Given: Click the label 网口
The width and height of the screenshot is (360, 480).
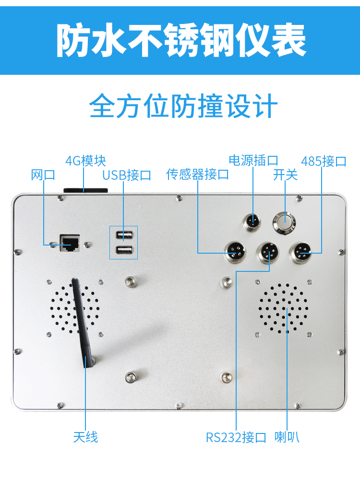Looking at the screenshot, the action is pyautogui.click(x=43, y=175).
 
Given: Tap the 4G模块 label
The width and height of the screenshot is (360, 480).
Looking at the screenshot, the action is pyautogui.click(x=85, y=161).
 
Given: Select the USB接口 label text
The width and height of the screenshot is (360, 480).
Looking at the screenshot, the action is pyautogui.click(x=127, y=175).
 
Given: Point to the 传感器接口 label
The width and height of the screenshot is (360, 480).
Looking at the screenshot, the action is pyautogui.click(x=197, y=175).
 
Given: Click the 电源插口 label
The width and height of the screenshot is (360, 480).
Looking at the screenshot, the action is pyautogui.click(x=253, y=161).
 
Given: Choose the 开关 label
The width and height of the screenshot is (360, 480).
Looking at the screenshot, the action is pyautogui.click(x=285, y=175).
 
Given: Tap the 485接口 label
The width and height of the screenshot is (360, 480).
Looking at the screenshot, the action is pyautogui.click(x=324, y=161).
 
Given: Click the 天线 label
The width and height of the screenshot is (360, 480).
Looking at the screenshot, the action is pyautogui.click(x=85, y=437).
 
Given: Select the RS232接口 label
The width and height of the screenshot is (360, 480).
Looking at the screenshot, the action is pyautogui.click(x=236, y=437).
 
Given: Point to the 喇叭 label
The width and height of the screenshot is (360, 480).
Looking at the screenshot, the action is pyautogui.click(x=287, y=437).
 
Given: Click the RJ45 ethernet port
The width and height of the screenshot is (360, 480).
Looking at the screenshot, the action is pyautogui.click(x=70, y=243).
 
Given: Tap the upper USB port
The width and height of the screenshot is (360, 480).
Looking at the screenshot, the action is pyautogui.click(x=124, y=235).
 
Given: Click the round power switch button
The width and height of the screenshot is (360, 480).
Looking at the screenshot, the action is pyautogui.click(x=284, y=222).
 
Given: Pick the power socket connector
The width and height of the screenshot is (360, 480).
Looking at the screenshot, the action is pyautogui.click(x=252, y=221).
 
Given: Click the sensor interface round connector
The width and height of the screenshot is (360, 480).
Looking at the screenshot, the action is pyautogui.click(x=235, y=252).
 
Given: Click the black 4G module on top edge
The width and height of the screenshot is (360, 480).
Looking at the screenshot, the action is pyautogui.click(x=85, y=190).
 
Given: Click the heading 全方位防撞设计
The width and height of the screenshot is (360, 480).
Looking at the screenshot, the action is pyautogui.click(x=183, y=106).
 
